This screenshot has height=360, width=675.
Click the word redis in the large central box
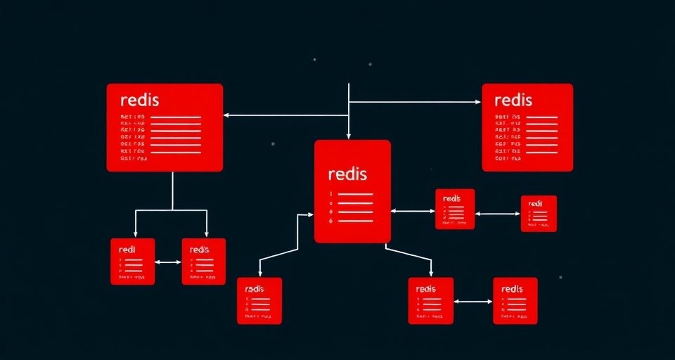[347, 173]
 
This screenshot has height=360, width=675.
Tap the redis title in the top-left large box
[139, 99]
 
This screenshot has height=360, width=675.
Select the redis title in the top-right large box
[513, 99]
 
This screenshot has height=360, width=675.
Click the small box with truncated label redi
[132, 262]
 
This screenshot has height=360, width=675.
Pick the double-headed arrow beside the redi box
[168, 262]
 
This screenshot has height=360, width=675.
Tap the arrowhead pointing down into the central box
[349, 135]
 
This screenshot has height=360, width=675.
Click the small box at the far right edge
[539, 213]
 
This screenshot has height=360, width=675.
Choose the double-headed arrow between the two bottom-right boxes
[473, 302]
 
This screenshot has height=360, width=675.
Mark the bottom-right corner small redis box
[515, 300]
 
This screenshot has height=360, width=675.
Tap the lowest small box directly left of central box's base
[259, 300]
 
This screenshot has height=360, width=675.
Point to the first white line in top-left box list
[176, 117]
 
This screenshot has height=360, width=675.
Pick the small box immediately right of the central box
[455, 209]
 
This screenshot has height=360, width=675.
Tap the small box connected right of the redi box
[204, 262]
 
